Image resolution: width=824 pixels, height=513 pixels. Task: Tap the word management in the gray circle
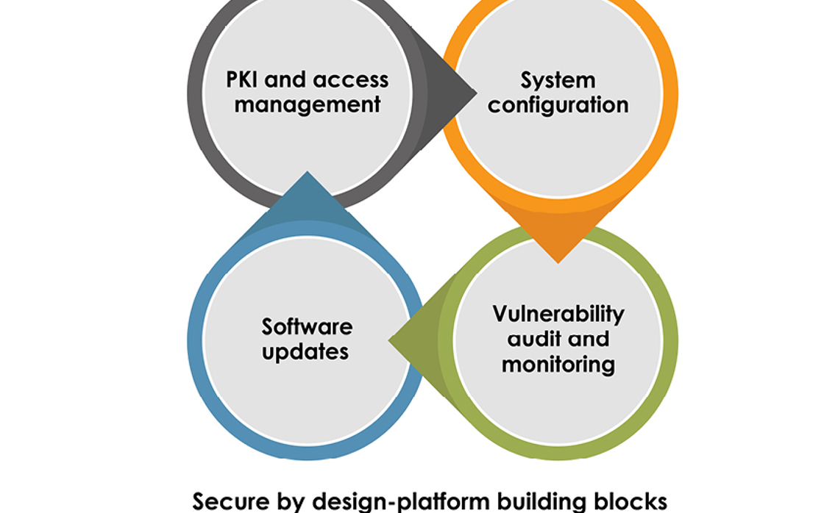308,104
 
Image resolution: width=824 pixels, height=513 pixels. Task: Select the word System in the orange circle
558,79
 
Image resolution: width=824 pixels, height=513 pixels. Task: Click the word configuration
558,105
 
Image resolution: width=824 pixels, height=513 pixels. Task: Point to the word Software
308,326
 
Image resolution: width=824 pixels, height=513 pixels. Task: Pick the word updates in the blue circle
305,352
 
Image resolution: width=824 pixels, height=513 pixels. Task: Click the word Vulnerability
558,314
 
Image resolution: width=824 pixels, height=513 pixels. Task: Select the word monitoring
558,364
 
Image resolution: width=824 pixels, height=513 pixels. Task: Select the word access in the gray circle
349,79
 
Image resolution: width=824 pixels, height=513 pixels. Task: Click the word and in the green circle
588,339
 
